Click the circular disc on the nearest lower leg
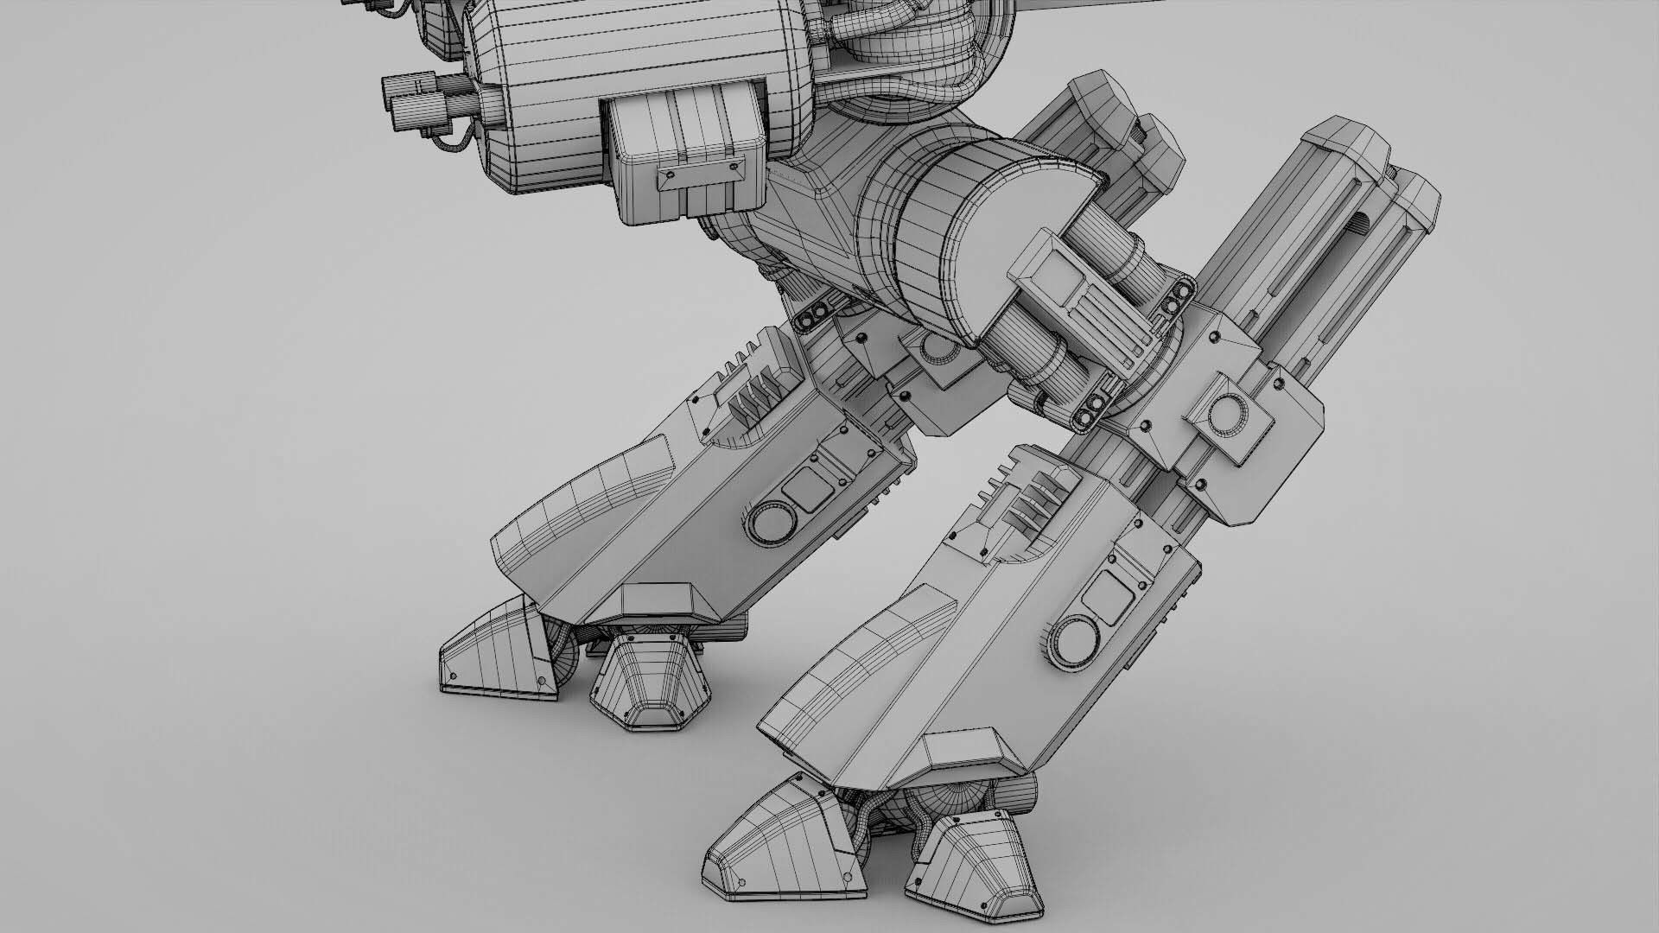coord(1075,640)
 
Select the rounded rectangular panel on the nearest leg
coord(1107,594)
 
